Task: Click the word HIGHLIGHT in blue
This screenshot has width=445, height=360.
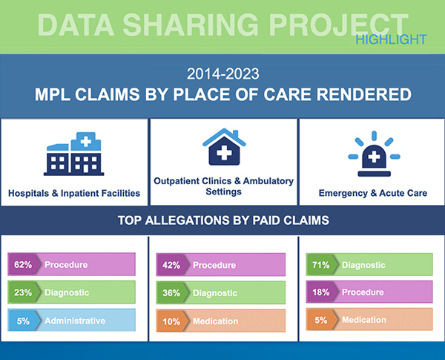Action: click(x=391, y=39)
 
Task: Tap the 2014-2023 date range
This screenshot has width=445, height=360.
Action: click(x=223, y=73)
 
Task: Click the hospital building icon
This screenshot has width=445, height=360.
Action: click(x=73, y=154)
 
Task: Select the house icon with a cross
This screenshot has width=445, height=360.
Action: click(x=224, y=147)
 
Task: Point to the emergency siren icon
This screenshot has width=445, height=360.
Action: click(x=374, y=154)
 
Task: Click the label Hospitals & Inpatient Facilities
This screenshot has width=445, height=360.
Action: click(x=74, y=193)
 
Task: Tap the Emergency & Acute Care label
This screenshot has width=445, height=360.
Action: click(x=373, y=193)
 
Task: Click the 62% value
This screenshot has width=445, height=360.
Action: click(x=23, y=264)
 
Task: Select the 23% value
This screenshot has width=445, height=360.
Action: click(x=23, y=292)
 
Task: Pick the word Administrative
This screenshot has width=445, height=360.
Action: click(x=75, y=321)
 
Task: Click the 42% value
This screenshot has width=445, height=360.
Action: click(x=171, y=266)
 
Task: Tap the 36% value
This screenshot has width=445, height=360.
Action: click(x=171, y=293)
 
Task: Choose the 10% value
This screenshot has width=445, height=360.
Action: click(x=171, y=321)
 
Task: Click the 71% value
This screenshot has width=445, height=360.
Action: click(x=320, y=265)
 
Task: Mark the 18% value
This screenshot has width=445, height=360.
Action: click(x=320, y=292)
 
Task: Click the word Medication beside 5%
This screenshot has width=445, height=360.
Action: click(x=364, y=320)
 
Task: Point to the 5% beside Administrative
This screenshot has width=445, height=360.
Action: click(x=23, y=321)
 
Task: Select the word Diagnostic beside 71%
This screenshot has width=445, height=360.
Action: click(x=363, y=265)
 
